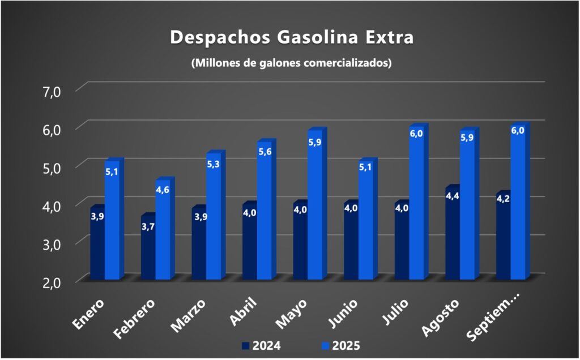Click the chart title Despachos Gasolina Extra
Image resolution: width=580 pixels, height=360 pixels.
(x=292, y=37)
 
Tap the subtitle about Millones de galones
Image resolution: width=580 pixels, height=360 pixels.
(x=292, y=63)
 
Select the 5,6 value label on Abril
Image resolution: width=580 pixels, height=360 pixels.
(x=265, y=152)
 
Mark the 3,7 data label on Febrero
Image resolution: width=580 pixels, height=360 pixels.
(x=148, y=226)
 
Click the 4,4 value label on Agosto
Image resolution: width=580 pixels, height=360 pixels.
(x=452, y=196)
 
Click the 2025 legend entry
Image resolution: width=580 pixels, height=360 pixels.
(x=340, y=345)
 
